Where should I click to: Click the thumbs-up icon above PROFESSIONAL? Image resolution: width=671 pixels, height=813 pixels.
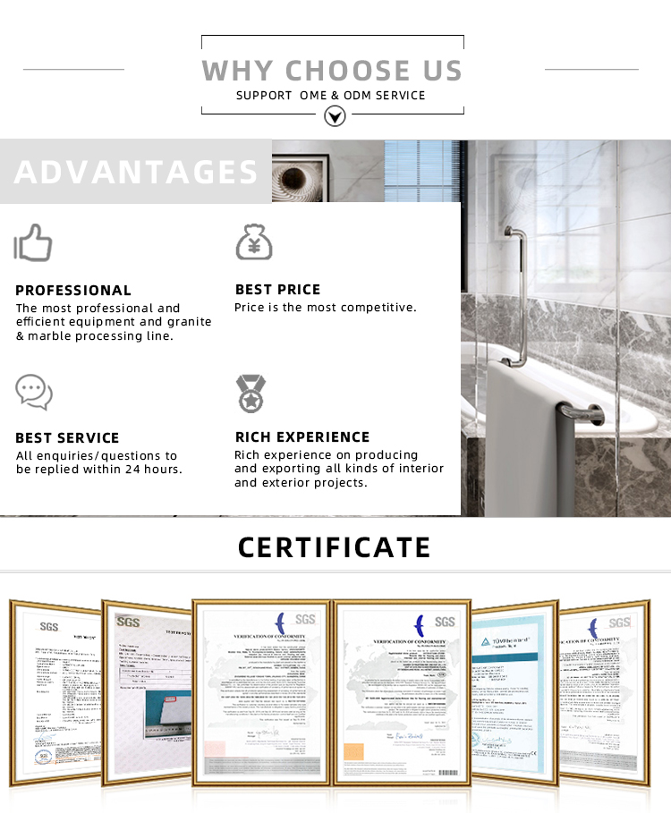(34, 242)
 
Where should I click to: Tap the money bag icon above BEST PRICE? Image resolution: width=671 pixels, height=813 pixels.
(253, 242)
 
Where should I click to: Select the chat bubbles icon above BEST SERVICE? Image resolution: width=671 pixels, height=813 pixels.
(34, 392)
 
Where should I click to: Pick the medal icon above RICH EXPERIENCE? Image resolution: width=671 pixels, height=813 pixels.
(250, 393)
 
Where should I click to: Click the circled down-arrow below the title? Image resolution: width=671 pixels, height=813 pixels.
(334, 115)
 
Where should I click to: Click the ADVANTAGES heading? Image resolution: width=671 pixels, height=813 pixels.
(136, 172)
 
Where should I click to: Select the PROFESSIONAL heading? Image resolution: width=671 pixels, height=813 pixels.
(73, 290)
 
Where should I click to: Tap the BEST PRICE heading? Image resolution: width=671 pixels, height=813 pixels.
(277, 289)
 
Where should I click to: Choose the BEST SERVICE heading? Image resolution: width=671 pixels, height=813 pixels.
(67, 437)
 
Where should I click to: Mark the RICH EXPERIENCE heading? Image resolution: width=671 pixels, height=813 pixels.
(302, 436)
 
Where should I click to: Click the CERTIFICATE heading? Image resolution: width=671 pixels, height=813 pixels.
(335, 546)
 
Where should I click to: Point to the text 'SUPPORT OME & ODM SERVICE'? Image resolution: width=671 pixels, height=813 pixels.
(331, 95)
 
